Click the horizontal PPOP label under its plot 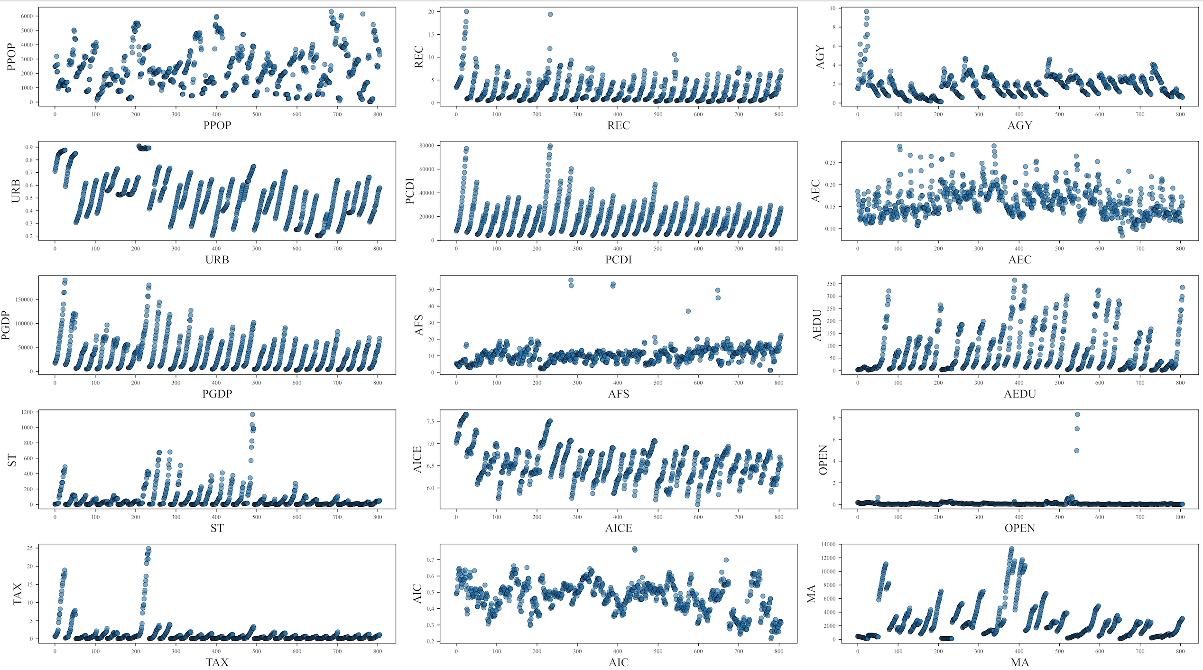click(x=217, y=125)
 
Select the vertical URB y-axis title click(x=16, y=191)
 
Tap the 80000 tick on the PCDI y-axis click(x=426, y=146)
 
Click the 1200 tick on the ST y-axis click(x=27, y=412)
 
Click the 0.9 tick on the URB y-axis click(x=29, y=147)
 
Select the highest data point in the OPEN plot click(x=1077, y=414)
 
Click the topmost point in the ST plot click(x=252, y=414)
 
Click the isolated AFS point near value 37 click(x=688, y=311)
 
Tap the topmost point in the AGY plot click(x=866, y=12)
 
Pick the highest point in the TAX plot click(x=148, y=549)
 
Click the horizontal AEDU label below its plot click(x=1019, y=394)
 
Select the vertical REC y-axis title click(x=418, y=57)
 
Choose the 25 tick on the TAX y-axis click(x=29, y=548)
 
